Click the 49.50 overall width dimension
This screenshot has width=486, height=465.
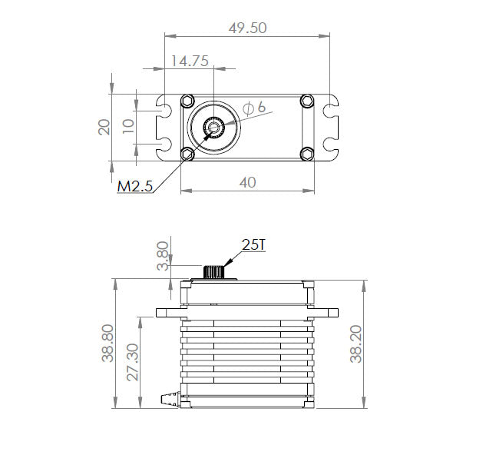[x=248, y=28]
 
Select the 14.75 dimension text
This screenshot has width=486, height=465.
[x=190, y=61]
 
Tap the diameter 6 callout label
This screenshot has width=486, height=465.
[x=254, y=108]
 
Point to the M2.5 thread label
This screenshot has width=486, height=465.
[x=135, y=187]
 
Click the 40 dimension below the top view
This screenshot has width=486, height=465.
[x=248, y=182]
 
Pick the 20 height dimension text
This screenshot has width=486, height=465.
[x=104, y=127]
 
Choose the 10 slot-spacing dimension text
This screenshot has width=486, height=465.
[x=128, y=126]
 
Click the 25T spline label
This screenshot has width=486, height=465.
[x=254, y=244]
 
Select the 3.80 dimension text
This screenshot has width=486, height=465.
[x=163, y=256]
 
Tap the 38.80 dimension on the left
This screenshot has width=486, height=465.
[x=107, y=343]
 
